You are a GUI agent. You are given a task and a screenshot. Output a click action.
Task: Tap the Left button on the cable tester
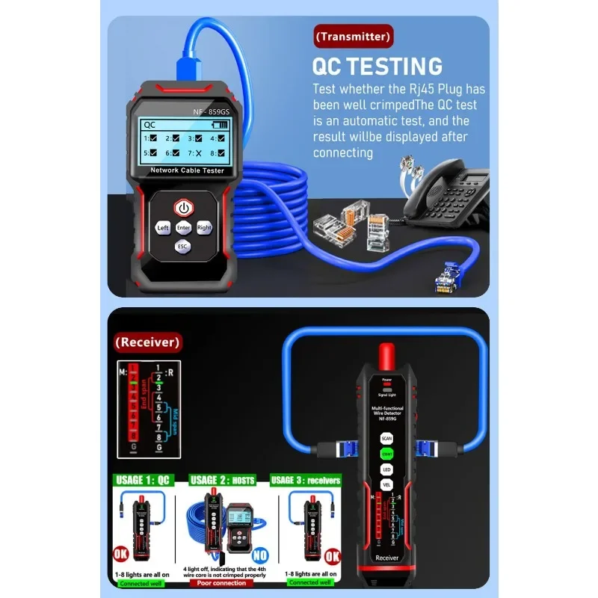coord(163,227)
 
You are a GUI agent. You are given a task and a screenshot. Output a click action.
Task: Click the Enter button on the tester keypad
coord(183,227)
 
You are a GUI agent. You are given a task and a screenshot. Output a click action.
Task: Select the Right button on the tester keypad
coord(204,227)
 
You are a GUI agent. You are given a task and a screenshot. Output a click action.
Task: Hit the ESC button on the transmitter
coord(183,246)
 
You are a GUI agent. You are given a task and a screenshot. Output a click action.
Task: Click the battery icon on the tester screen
coord(217,125)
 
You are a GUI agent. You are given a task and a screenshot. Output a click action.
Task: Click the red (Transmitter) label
coord(354,36)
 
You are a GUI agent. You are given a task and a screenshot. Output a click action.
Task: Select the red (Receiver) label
coord(147,342)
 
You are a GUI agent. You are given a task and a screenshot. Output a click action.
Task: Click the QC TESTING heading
coord(377,66)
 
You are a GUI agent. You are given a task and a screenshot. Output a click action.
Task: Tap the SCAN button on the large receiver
coord(386,439)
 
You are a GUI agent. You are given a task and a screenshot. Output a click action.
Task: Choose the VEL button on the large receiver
coord(386,484)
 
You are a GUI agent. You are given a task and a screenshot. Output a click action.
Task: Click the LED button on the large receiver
coord(386,469)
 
